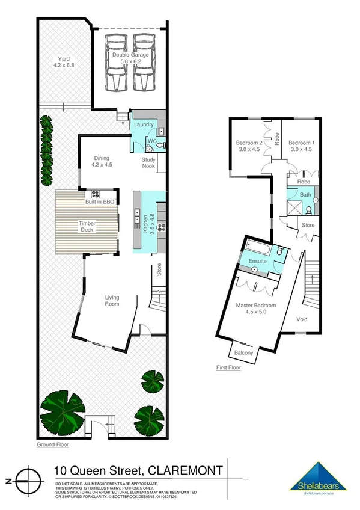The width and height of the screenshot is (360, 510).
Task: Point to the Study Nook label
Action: pyautogui.click(x=148, y=162)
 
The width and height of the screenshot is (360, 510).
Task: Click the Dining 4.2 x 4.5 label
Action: pyautogui.click(x=102, y=161)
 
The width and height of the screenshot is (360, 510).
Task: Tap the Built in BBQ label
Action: pyautogui.click(x=99, y=202)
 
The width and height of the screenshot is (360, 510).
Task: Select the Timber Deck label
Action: pyautogui.click(x=87, y=226)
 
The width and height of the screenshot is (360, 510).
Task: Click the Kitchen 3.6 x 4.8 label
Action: pyautogui.click(x=144, y=223)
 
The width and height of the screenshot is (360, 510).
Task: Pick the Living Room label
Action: pyautogui.click(x=112, y=300)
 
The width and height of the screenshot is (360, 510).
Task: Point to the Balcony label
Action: pyautogui.click(x=243, y=352)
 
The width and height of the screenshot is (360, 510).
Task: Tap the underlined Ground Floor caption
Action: pyautogui.click(x=53, y=445)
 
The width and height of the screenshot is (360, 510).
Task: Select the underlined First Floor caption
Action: pyautogui.click(x=228, y=367)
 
